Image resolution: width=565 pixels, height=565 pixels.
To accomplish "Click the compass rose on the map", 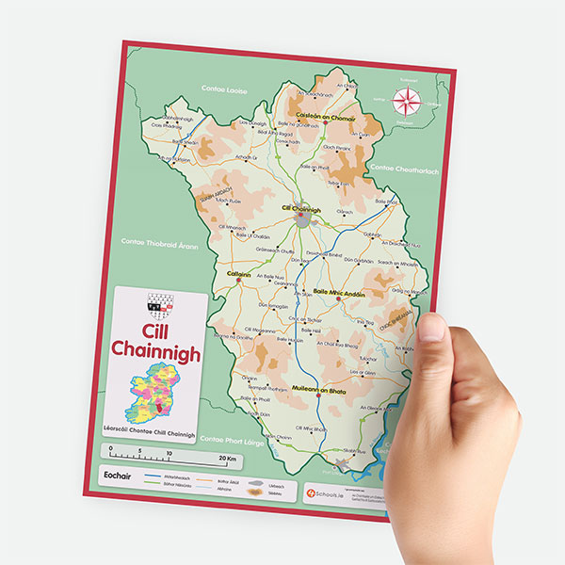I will tap(407, 101).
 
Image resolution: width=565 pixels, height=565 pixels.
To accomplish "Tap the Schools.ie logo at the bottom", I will tap(321, 489).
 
